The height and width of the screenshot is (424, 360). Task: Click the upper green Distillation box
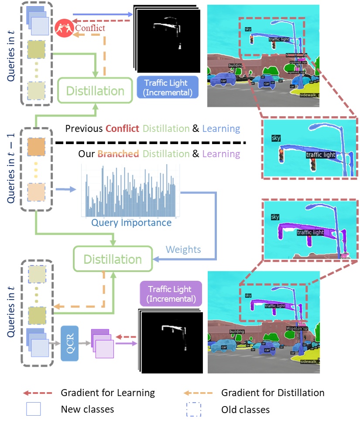click(95, 91)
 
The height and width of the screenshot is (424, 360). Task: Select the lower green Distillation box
click(113, 259)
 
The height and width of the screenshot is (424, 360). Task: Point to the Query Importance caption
click(131, 223)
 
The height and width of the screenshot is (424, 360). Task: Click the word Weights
click(183, 249)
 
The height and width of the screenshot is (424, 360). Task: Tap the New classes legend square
click(34, 409)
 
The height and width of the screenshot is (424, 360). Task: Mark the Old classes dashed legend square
click(194, 409)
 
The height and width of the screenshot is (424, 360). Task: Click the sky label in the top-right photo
click(248, 29)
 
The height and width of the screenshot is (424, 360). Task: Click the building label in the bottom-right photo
click(237, 331)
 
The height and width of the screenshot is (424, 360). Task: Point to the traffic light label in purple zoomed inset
click(310, 233)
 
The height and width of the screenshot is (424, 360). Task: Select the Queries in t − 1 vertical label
click(11, 165)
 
